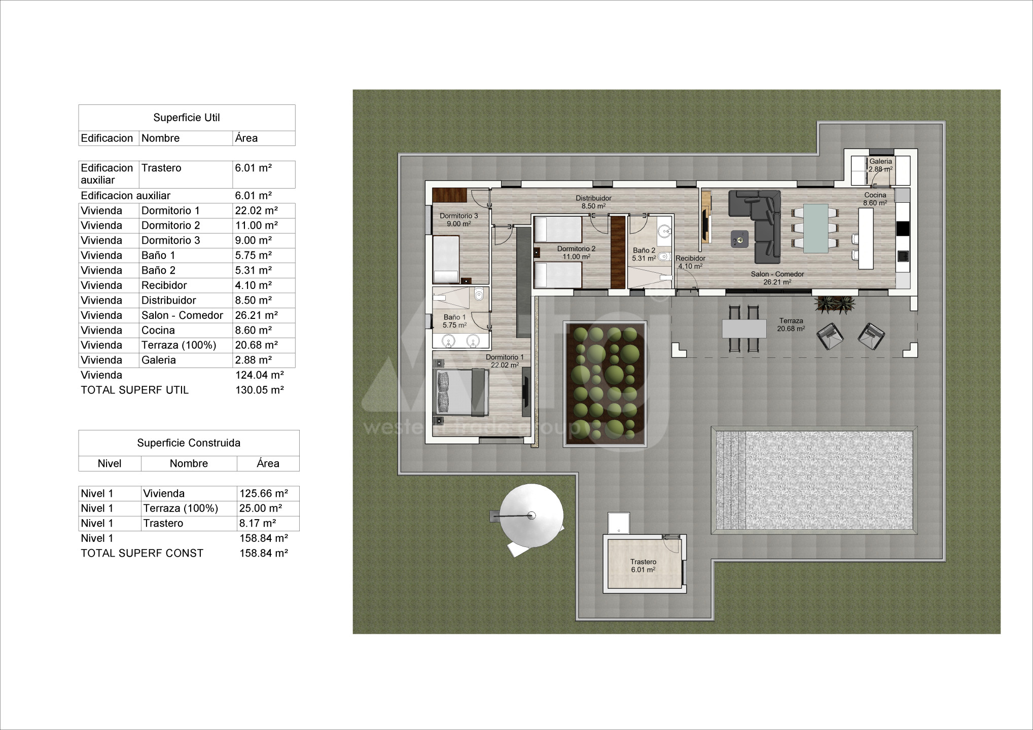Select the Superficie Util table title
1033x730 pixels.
tap(187, 118)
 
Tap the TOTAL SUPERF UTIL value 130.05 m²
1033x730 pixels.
tap(260, 390)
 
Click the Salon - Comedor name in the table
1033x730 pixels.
tap(182, 315)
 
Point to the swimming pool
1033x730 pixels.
tap(814, 480)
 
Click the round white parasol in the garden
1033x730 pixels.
tap(531, 516)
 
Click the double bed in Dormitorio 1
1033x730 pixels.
tap(461, 391)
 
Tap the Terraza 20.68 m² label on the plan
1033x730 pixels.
tap(791, 324)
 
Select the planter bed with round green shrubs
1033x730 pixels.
tap(604, 384)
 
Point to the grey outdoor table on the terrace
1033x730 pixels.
tap(744, 328)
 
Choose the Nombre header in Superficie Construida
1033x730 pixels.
tap(189, 463)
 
